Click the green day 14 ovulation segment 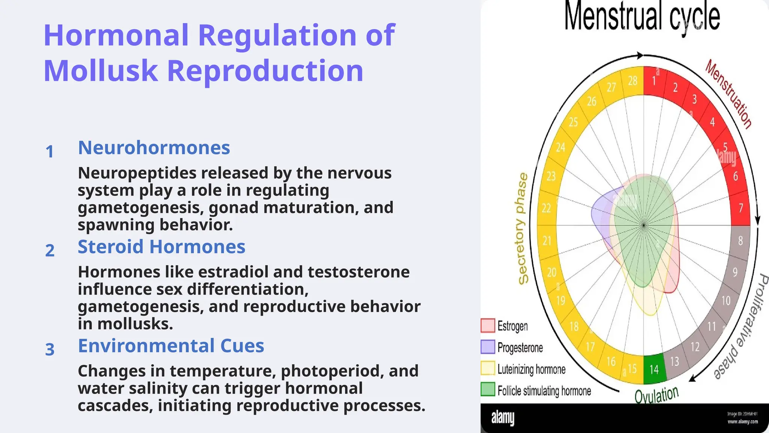tap(654, 369)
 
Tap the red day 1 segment tap(654, 80)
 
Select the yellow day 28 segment tap(633, 80)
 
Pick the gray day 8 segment tap(740, 241)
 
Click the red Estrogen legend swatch tap(488, 326)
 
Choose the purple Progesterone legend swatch tap(488, 347)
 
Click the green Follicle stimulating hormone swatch tap(488, 389)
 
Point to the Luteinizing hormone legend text tap(531, 369)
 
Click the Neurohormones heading tap(154, 148)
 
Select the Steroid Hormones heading tap(161, 247)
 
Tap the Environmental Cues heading tap(171, 346)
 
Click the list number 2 tap(50, 251)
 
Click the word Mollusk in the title tap(101, 71)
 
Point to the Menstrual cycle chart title tap(642, 17)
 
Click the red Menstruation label tap(728, 94)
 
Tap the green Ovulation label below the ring tap(656, 395)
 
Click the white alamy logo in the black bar tap(503, 418)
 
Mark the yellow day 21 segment tap(547, 241)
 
